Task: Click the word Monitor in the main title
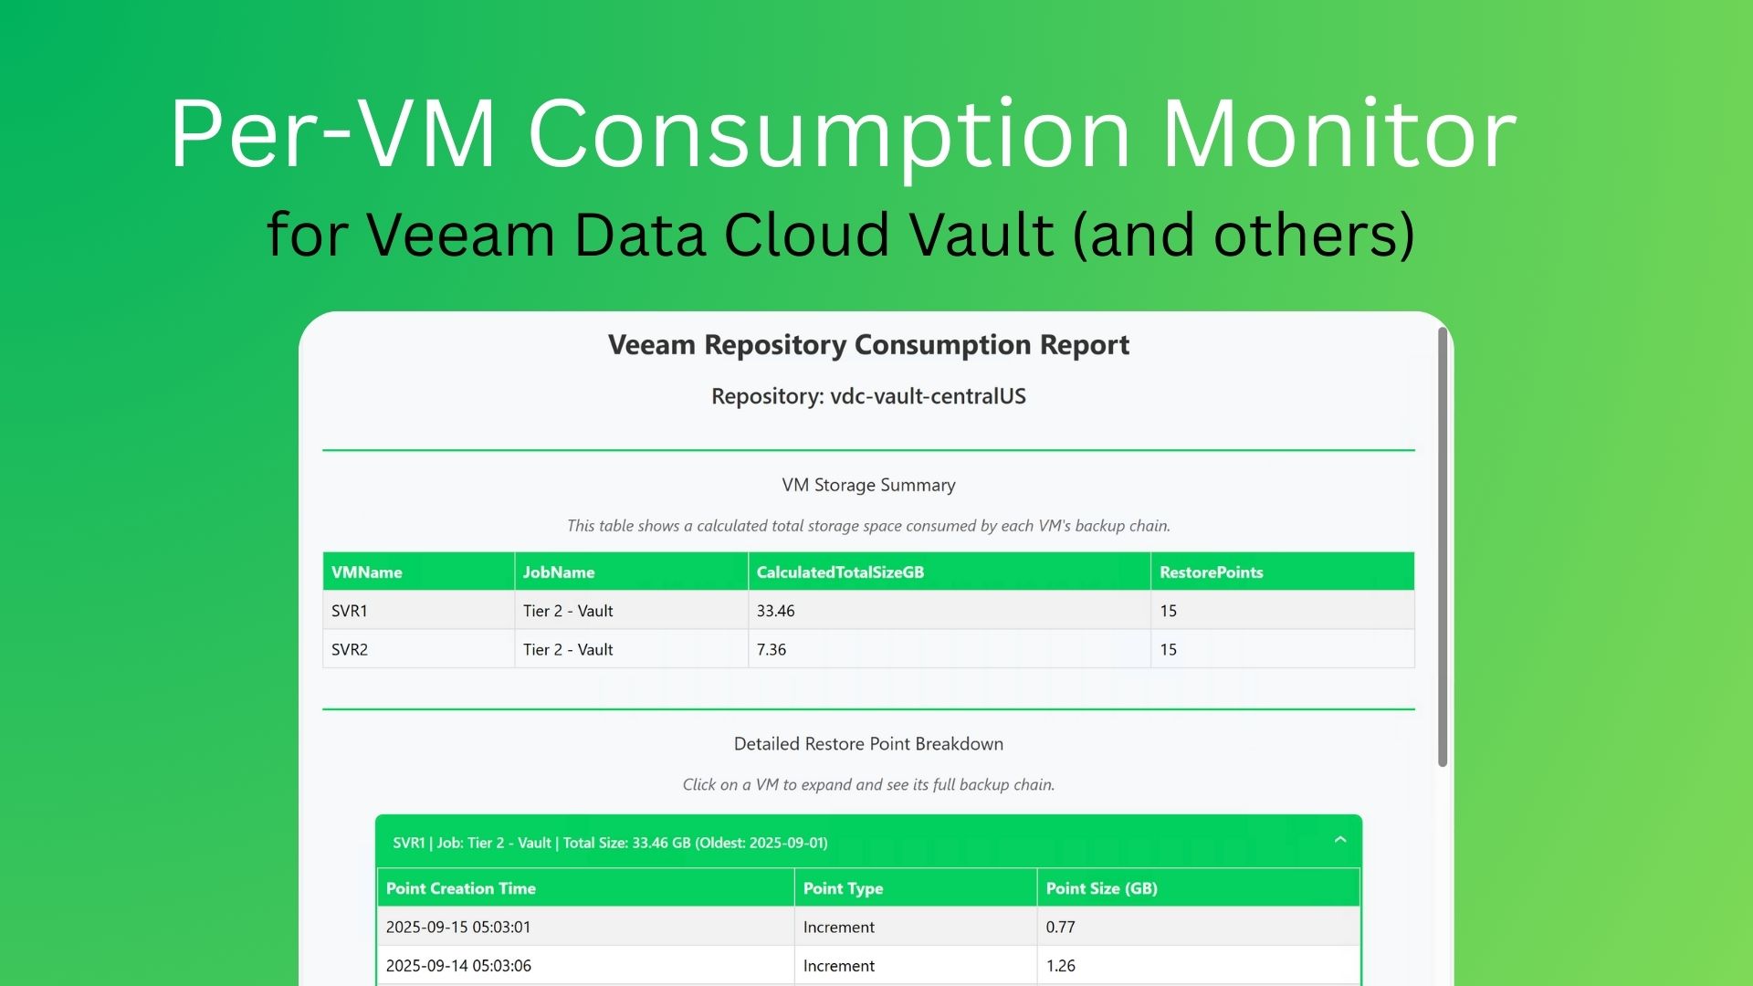1338,135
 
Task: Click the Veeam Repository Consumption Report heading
868,345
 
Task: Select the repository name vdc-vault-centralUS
928,396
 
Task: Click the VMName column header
366,572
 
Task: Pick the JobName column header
559,572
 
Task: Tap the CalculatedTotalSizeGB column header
840,572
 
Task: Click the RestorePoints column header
1212,572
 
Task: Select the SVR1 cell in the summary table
350,611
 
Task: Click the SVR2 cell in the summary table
350,650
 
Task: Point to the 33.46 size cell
776,611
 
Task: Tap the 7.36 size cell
772,650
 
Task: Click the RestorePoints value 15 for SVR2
1169,650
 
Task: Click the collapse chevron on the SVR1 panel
1340,840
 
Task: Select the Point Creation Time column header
461,888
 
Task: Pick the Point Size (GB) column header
1102,888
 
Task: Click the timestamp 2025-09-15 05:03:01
458,927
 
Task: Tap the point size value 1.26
1061,966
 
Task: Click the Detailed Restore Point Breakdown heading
868,744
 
